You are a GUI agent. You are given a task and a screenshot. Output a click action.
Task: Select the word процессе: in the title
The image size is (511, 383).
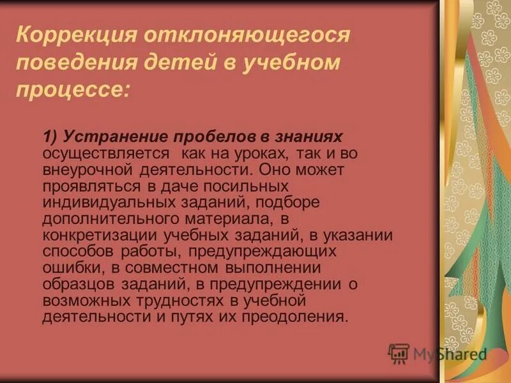point(73,91)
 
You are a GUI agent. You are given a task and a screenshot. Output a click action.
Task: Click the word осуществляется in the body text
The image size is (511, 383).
point(106,154)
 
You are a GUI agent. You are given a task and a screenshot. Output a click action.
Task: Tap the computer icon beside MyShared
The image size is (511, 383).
point(399,353)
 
